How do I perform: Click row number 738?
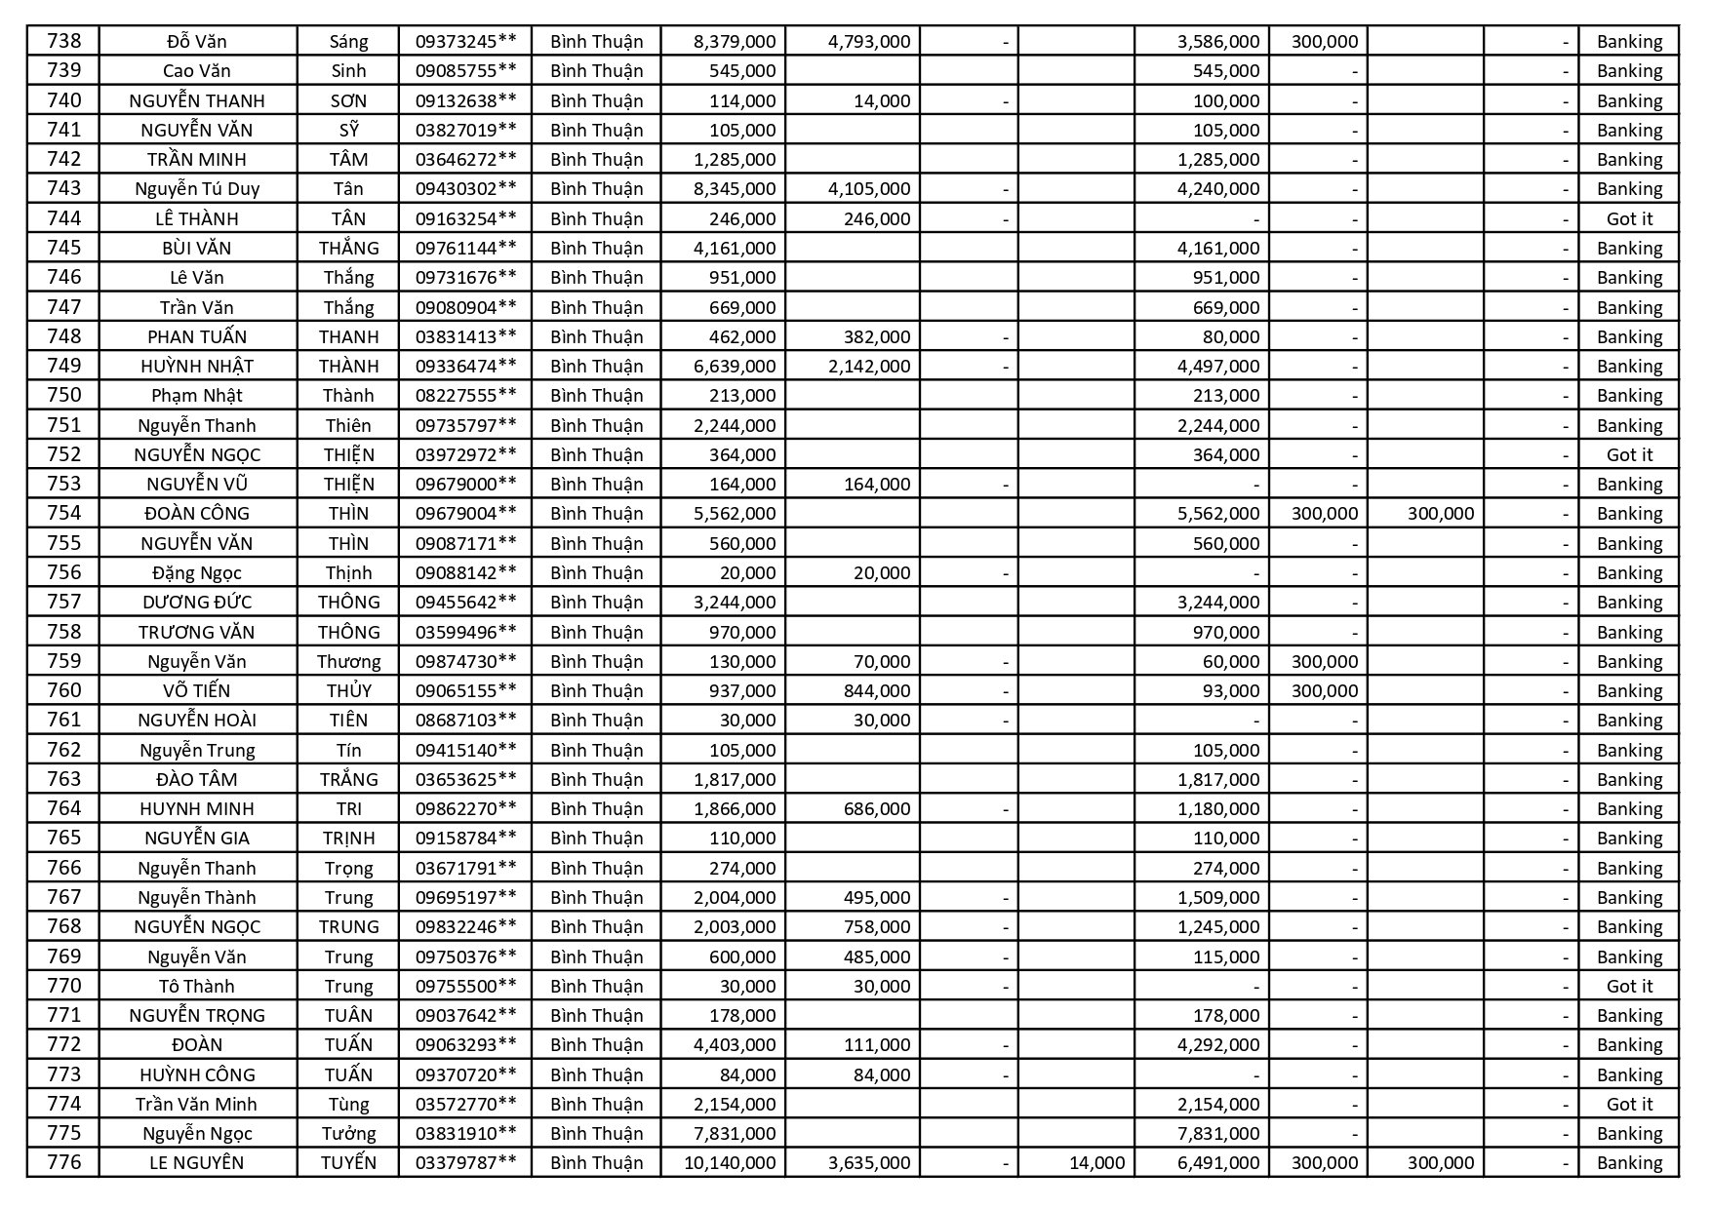point(63,41)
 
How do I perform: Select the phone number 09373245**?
point(465,41)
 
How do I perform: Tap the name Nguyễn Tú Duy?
point(197,188)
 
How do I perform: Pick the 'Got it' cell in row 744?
point(1629,218)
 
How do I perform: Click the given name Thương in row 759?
point(348,661)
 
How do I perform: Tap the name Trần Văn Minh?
point(197,1104)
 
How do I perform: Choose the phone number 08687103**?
point(465,720)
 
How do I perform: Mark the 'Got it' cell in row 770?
point(1629,986)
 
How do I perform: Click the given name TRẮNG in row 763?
point(348,779)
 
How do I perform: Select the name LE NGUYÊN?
point(197,1162)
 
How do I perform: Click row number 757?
point(63,602)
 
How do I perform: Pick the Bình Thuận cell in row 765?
point(596,838)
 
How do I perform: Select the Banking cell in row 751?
point(1629,425)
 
